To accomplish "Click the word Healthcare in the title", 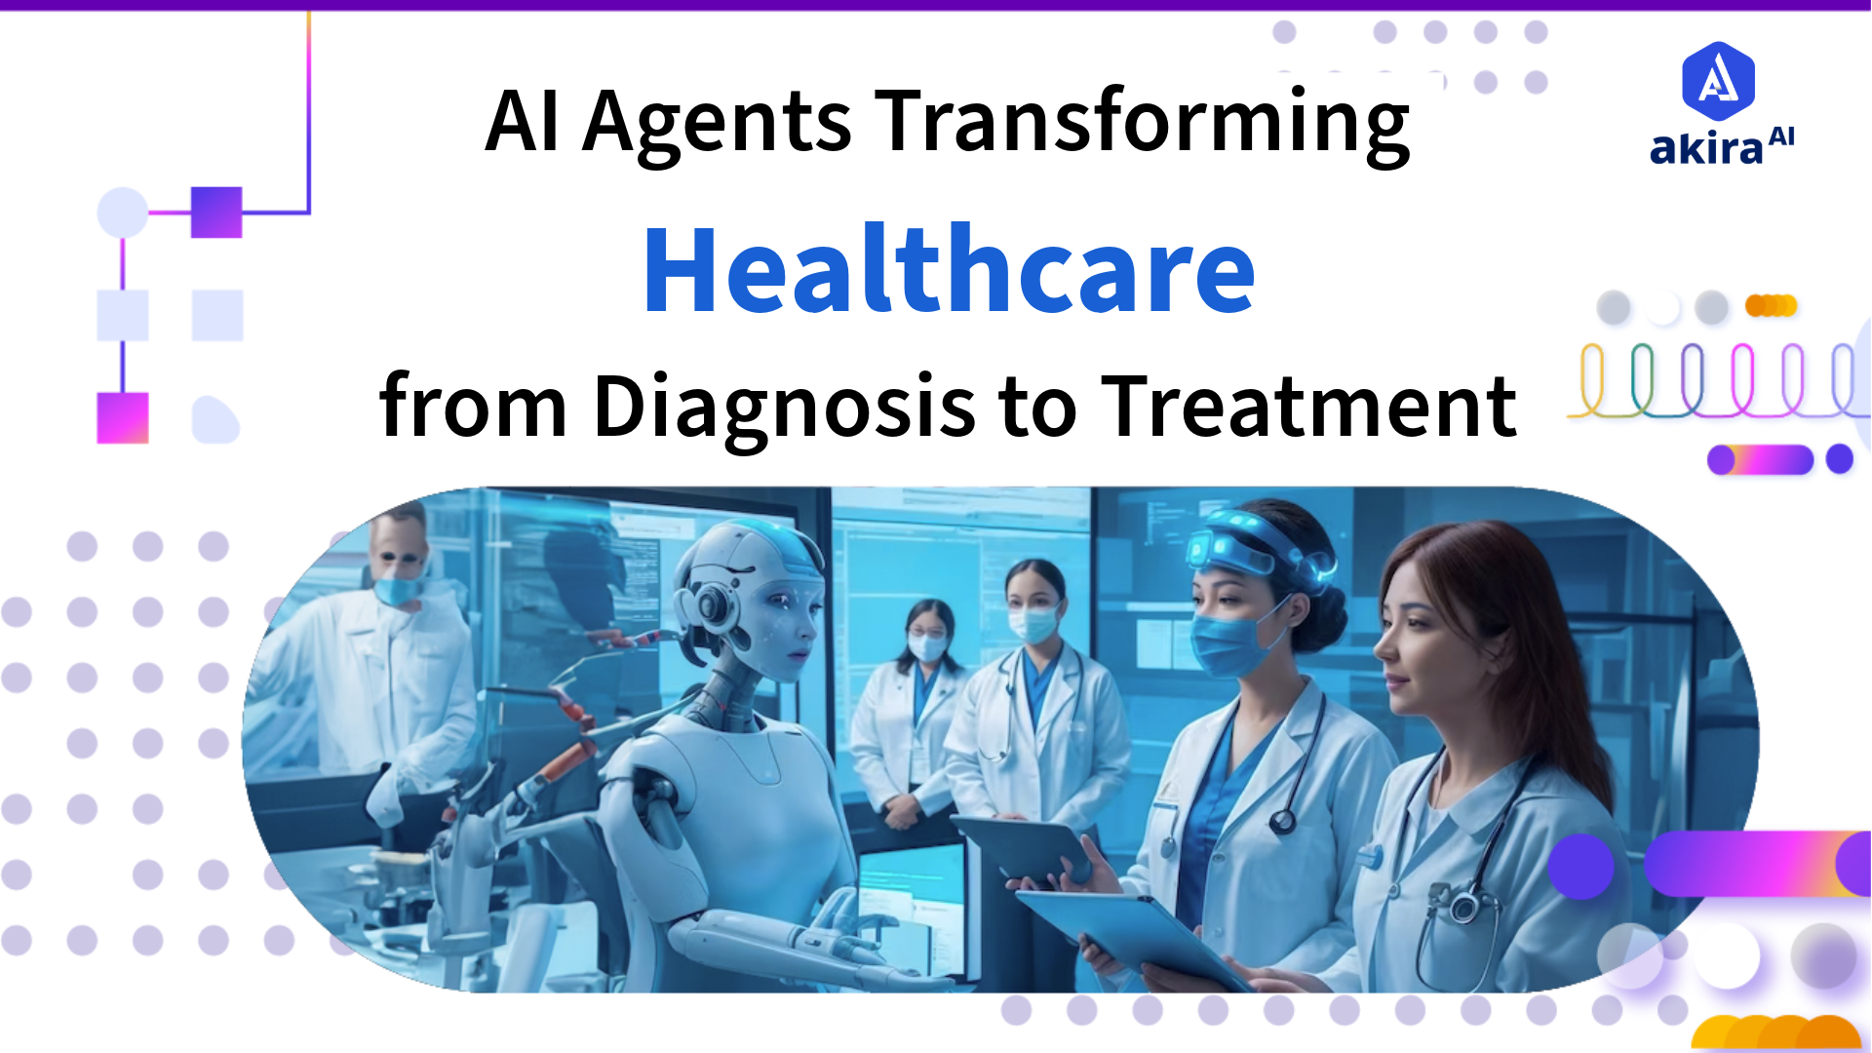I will pos(949,270).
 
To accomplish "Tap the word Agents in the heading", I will pos(717,124).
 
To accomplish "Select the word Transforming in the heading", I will pos(1141,124).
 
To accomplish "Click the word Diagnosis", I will pos(784,407).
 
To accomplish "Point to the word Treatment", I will pos(1308,407).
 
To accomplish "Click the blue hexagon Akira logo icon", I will pos(1718,80).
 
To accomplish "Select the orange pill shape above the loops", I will pos(1771,306).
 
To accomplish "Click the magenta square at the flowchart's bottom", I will pos(123,417).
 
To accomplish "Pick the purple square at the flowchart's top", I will pos(216,212).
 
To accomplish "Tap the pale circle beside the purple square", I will pos(123,212).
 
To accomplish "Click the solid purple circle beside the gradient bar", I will pos(1580,866).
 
